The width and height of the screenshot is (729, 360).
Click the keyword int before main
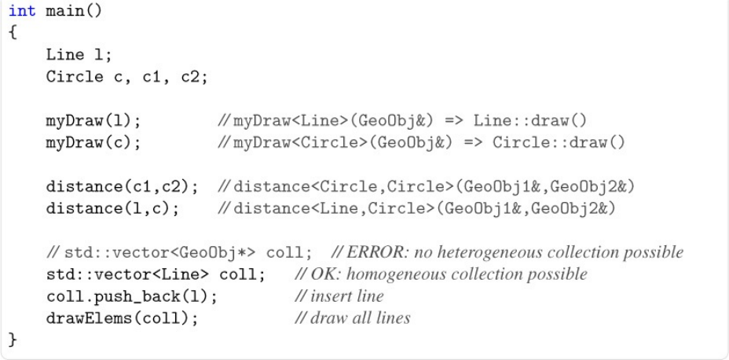pos(21,13)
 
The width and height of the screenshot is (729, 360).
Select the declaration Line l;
pos(79,55)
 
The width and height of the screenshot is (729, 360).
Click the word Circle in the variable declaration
pos(74,77)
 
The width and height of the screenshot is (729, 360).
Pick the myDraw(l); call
pos(93,121)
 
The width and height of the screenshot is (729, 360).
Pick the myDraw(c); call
pos(93,143)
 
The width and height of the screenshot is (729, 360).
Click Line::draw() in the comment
pos(529,121)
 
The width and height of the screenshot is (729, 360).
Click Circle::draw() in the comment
pos(559,143)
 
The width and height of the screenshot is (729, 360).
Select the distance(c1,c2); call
pos(122,187)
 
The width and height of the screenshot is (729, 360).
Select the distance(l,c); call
pos(112,209)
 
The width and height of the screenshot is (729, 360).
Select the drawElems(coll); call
pos(122,318)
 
